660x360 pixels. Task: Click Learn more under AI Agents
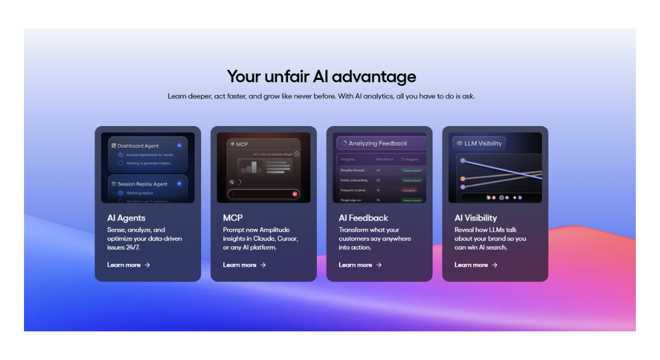coord(128,265)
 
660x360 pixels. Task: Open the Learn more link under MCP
coord(244,265)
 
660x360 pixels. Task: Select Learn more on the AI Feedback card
coord(360,265)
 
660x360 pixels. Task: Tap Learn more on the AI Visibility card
coord(476,265)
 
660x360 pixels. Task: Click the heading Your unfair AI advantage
coord(321,76)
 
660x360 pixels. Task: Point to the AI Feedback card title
coord(363,218)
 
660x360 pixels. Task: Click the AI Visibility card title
coord(476,218)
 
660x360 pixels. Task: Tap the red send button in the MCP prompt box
coord(295,194)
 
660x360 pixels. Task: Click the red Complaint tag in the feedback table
coord(409,190)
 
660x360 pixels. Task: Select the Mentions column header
coord(385,160)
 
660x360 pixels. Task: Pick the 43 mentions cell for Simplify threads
coord(378,170)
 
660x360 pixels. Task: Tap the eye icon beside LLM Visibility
coord(460,143)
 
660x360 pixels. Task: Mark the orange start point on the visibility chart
coord(463,179)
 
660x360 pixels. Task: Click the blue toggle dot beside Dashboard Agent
coord(179,146)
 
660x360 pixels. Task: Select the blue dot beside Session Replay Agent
coord(179,184)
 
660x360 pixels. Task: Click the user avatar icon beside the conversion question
coord(296,154)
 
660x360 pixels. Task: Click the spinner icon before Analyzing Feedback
coord(343,143)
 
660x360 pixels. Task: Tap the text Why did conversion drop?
coord(272,154)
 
